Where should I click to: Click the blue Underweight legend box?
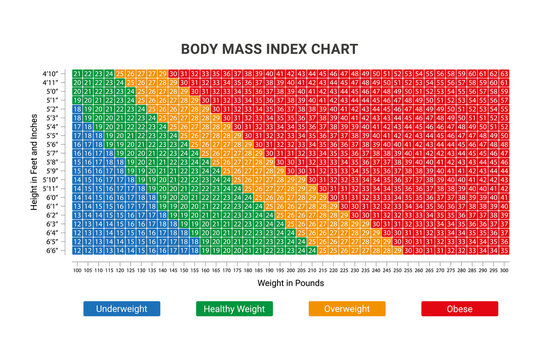(121, 309)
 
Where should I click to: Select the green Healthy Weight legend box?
(234, 309)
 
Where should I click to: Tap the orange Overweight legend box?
(346, 309)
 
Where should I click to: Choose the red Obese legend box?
(459, 309)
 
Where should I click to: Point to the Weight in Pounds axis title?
(289, 283)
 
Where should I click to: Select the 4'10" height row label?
(51, 74)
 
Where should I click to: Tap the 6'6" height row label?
(52, 250)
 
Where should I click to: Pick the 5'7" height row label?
(52, 153)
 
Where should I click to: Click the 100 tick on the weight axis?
(77, 269)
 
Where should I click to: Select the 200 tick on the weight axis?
(291, 269)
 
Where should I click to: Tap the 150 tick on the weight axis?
(184, 269)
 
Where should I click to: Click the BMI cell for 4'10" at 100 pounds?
(77, 74)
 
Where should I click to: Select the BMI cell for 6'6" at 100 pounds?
(77, 250)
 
